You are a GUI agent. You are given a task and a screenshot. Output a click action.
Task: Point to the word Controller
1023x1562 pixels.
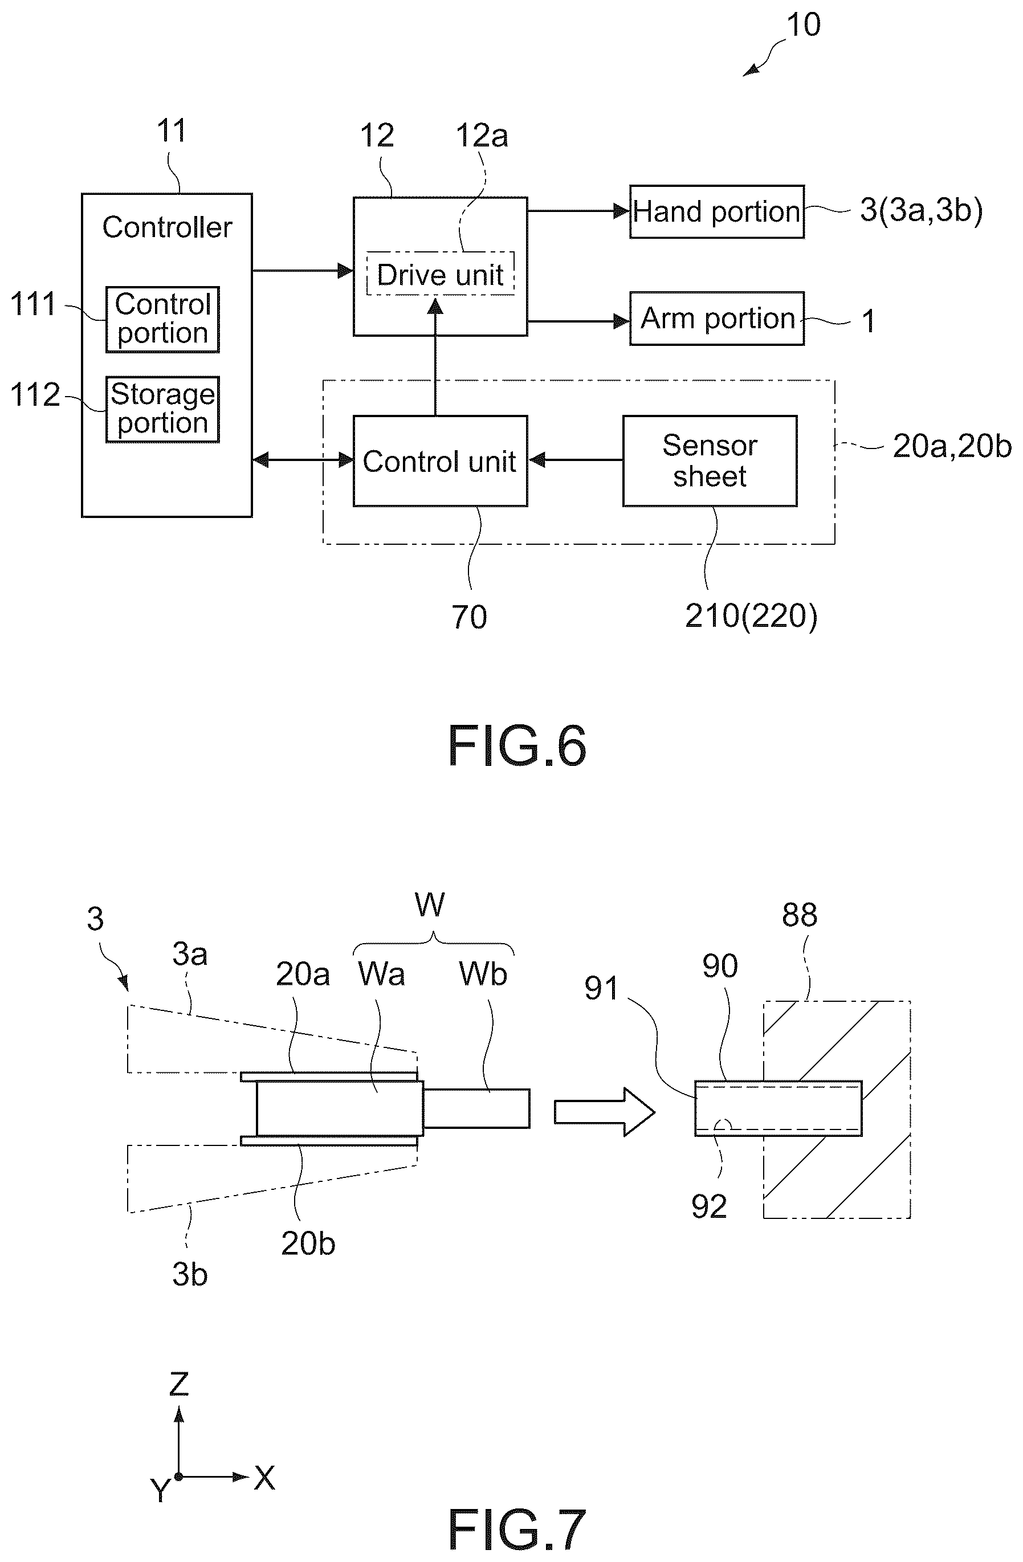168,227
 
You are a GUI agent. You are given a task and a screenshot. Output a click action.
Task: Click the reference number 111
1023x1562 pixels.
34,304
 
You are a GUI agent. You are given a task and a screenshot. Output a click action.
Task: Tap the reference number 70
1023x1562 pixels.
469,617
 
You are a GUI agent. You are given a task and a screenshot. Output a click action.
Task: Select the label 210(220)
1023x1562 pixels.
751,615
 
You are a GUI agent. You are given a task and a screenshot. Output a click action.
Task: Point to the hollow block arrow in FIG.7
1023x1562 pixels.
604,1112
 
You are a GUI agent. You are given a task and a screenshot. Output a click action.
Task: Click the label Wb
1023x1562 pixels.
483,974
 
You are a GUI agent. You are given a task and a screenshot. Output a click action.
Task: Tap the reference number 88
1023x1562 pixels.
799,915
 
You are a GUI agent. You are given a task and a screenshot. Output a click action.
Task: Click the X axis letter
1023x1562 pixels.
264,1478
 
